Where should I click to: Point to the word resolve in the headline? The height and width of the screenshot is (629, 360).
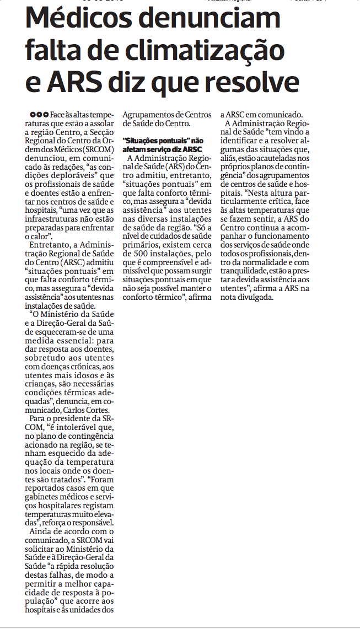click(x=253, y=82)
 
